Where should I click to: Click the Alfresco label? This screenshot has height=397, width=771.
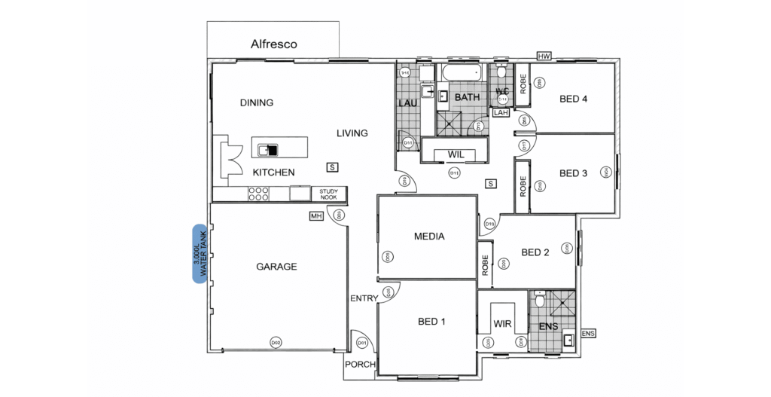[273, 44]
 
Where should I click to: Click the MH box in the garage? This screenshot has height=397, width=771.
[316, 216]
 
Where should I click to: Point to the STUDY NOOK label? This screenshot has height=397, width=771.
[328, 194]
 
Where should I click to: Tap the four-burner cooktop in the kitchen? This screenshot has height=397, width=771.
[258, 194]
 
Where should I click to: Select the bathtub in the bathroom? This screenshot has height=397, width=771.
[461, 73]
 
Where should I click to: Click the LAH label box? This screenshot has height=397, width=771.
[501, 112]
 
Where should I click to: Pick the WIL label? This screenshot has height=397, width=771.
[456, 154]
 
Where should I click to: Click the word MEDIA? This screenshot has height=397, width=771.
[429, 237]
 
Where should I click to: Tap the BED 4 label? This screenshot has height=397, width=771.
[573, 99]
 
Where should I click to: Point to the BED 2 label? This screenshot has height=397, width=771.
[535, 252]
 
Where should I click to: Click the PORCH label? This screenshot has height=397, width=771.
[359, 365]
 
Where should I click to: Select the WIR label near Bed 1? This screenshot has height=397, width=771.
[502, 324]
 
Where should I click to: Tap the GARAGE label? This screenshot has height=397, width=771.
[276, 267]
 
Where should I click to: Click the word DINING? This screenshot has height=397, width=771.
[256, 103]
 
